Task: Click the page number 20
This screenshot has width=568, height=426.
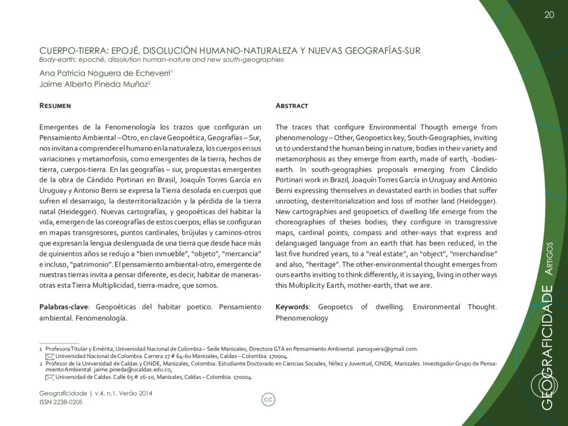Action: (x=549, y=15)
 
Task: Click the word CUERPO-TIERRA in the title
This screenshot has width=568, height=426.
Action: (x=70, y=51)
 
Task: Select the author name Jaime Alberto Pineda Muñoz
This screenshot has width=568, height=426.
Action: (x=94, y=83)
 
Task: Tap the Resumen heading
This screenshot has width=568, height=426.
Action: (x=55, y=105)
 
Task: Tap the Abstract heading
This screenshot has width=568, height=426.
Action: (x=292, y=105)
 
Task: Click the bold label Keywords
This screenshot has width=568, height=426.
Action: (x=292, y=307)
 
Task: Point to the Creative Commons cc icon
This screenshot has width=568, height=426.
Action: (x=268, y=399)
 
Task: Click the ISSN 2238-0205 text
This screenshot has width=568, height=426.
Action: (x=61, y=402)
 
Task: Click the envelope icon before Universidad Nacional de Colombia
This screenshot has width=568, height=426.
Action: (x=50, y=356)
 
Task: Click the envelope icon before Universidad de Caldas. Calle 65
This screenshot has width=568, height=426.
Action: (x=50, y=377)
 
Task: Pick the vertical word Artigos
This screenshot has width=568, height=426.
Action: (x=549, y=259)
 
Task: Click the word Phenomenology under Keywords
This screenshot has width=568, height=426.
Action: (x=301, y=318)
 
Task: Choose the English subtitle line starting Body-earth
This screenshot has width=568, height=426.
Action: (x=161, y=59)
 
